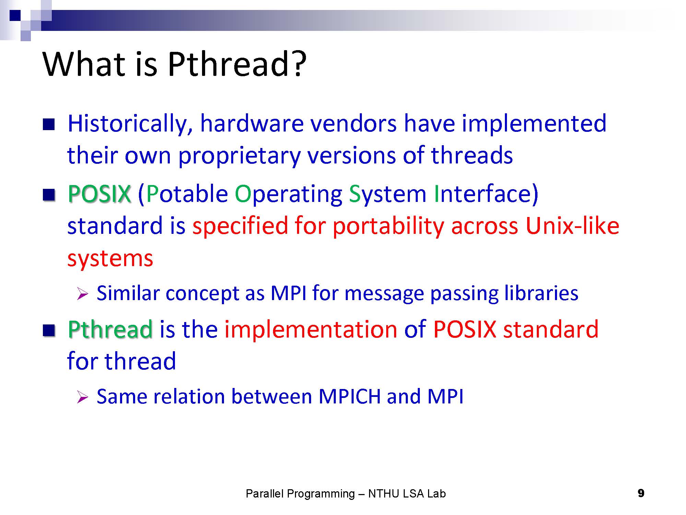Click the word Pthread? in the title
point(237,65)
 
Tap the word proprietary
point(239,156)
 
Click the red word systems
point(110,259)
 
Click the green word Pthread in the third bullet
point(110,329)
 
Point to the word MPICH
point(350,397)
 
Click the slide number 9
point(641,493)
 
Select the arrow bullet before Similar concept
point(82,294)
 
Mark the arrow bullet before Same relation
point(82,397)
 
